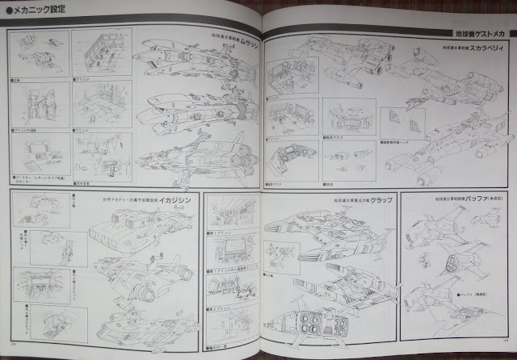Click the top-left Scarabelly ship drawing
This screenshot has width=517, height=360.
tap(339, 57)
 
